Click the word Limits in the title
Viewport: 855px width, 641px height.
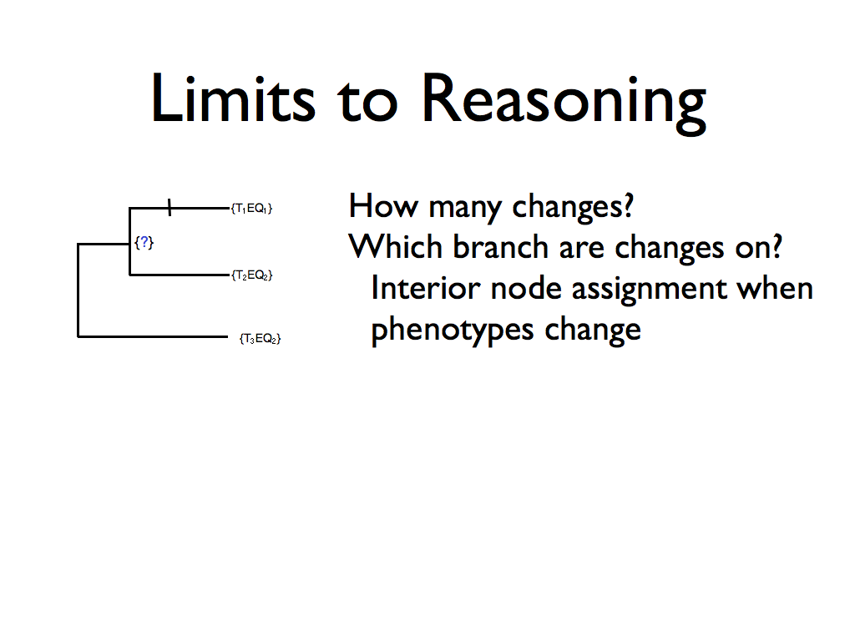233,98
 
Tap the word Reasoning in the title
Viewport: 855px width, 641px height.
564,103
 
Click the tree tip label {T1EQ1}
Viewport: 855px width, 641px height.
251,208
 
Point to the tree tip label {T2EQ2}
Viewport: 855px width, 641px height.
251,275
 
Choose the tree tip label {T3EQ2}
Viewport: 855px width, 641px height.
261,339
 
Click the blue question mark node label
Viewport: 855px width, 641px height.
144,242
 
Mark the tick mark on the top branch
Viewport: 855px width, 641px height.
169,207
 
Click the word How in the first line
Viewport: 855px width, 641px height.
383,206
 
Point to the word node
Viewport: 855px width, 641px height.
526,289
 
